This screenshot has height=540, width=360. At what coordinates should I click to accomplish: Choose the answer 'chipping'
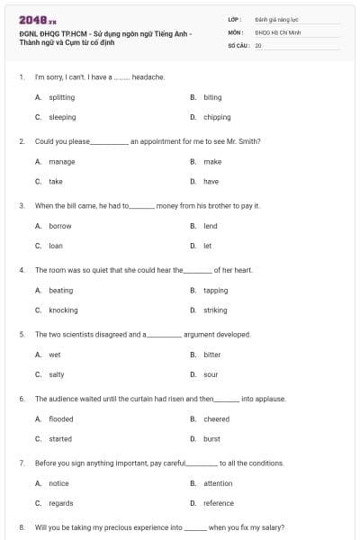pos(217,117)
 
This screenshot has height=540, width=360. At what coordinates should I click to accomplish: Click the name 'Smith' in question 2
pos(247,141)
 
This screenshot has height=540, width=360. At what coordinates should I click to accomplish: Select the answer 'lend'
pos(210,226)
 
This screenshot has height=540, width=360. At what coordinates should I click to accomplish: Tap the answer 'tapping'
pos(215,291)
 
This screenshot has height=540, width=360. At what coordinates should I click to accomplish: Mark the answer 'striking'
pos(215,310)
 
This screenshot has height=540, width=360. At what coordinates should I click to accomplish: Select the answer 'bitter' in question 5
pos(211,355)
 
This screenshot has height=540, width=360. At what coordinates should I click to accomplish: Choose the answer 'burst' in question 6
pos(211,438)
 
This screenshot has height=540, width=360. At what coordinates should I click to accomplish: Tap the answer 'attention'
pos(218,483)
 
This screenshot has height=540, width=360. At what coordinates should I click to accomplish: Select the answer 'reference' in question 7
pos(219,503)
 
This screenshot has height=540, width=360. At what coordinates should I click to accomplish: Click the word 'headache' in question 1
pos(148,77)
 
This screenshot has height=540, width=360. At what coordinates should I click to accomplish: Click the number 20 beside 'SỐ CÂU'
pos(258,43)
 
